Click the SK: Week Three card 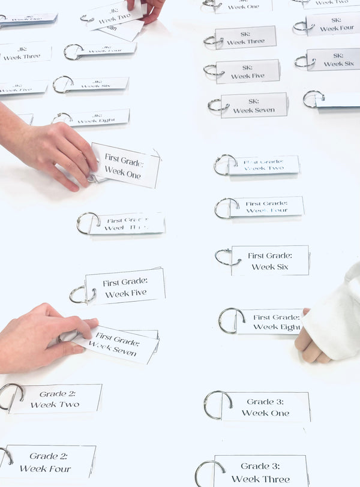(x=245, y=38)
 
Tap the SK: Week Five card (x=248, y=71)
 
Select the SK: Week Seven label (x=254, y=106)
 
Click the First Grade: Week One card (x=125, y=164)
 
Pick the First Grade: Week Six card (x=270, y=261)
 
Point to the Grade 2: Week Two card (x=55, y=399)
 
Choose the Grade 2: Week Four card (x=50, y=462)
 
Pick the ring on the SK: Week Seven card (x=215, y=106)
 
